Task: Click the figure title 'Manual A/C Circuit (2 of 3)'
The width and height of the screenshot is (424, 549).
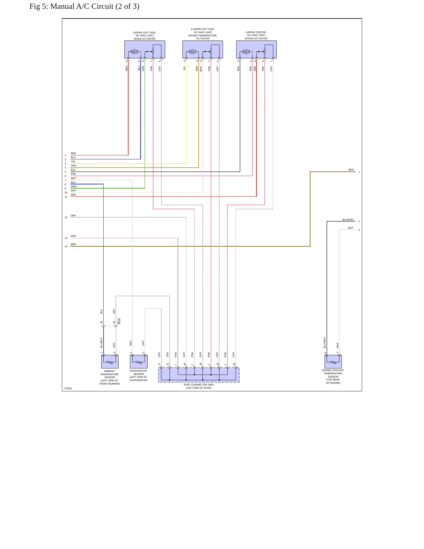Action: point(95,6)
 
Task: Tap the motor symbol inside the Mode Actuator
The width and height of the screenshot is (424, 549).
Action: point(134,52)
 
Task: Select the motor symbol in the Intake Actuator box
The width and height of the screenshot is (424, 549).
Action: point(246,52)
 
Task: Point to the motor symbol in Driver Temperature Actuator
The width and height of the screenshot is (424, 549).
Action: point(192,52)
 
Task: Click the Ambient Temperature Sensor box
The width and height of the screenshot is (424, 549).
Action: point(110,361)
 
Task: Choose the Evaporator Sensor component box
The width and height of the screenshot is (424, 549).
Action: point(138,361)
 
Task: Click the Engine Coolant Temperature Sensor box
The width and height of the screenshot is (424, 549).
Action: point(333,361)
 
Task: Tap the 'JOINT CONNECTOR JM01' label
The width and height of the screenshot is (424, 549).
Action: point(199,385)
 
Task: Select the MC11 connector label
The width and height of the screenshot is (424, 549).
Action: point(119,321)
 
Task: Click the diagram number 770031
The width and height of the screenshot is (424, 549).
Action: point(68,388)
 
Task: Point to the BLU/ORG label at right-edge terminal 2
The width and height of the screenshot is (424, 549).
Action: point(348,220)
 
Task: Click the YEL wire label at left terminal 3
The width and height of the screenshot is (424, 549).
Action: point(73,161)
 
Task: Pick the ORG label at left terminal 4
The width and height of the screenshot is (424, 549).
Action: point(73,166)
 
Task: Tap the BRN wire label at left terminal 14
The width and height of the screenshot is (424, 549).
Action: point(73,244)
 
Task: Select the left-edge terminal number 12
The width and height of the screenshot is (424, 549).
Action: point(66,217)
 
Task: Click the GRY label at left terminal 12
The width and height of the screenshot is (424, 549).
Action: point(73,215)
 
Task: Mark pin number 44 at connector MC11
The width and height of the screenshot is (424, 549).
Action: point(102,322)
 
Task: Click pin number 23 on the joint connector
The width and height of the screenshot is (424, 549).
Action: point(218,364)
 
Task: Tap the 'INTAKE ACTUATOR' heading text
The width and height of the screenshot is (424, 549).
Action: point(256,38)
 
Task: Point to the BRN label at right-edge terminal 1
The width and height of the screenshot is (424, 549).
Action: point(351,170)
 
